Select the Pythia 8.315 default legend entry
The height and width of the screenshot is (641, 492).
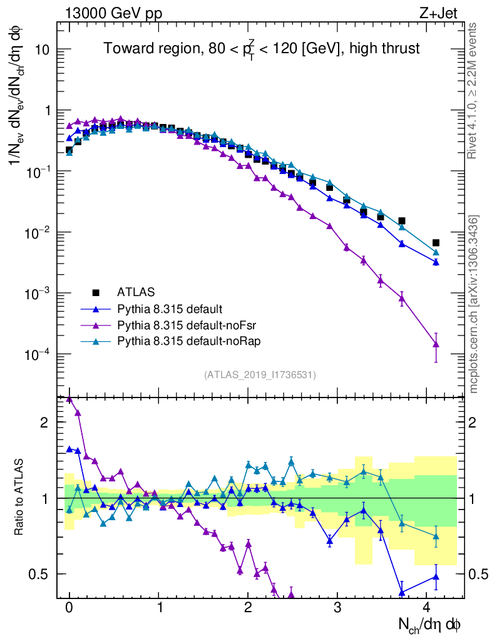(x=170, y=309)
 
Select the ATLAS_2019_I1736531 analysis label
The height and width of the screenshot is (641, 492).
(x=260, y=375)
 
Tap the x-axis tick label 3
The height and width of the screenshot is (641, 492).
(x=337, y=608)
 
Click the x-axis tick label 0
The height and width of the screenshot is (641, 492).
(x=69, y=608)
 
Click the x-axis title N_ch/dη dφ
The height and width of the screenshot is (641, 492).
(x=430, y=625)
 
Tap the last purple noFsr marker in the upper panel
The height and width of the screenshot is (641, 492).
(x=436, y=344)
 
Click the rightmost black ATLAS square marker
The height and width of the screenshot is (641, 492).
(x=436, y=243)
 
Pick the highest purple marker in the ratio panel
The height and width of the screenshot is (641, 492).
(x=69, y=399)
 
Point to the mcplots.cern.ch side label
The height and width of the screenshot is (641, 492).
(x=473, y=304)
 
